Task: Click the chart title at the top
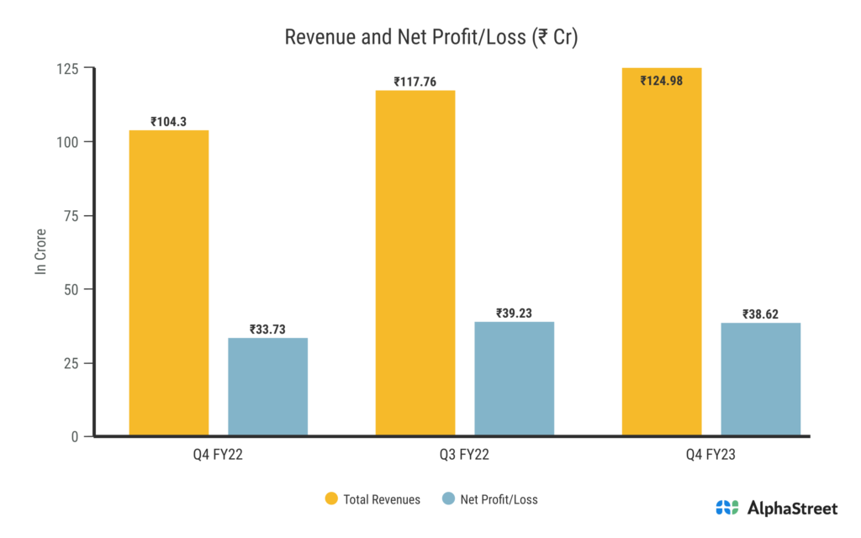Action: (x=430, y=38)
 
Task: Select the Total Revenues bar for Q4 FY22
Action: (x=169, y=283)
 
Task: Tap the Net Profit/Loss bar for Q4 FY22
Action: (x=267, y=387)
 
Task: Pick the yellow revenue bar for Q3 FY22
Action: (x=415, y=263)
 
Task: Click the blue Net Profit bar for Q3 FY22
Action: (x=514, y=378)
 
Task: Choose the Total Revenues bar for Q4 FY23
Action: (x=662, y=252)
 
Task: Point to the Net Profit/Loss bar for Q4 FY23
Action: (x=760, y=379)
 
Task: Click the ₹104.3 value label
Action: (x=169, y=122)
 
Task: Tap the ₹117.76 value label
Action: (x=415, y=82)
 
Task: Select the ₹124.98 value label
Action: (x=662, y=81)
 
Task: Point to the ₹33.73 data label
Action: (x=267, y=330)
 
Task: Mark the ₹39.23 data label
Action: (x=514, y=314)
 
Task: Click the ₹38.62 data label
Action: (x=760, y=314)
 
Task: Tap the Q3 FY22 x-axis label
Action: (x=465, y=455)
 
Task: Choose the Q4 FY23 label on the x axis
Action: (x=711, y=455)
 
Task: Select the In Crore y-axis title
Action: (x=40, y=252)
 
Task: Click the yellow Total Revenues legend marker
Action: (x=330, y=499)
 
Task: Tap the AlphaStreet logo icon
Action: (x=726, y=507)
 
